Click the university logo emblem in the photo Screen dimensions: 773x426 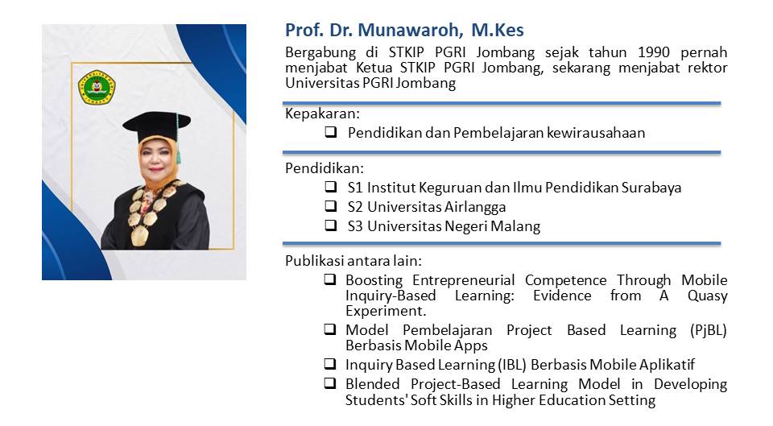(97, 87)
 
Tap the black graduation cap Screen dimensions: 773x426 (157, 126)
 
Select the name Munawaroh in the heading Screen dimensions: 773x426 (411, 30)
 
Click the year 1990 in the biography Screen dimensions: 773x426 (654, 52)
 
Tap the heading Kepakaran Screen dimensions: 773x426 (322, 114)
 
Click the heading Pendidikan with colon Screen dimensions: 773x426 (324, 168)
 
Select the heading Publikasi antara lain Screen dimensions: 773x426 (353, 260)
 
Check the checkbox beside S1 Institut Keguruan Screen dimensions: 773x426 (330, 186)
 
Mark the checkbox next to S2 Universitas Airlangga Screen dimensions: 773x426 (330, 205)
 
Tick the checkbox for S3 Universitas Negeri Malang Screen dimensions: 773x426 (330, 225)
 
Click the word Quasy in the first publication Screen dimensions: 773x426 (708, 296)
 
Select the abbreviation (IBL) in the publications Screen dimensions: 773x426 (512, 365)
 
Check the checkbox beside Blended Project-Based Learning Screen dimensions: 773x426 (330, 383)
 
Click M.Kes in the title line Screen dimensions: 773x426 (498, 30)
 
